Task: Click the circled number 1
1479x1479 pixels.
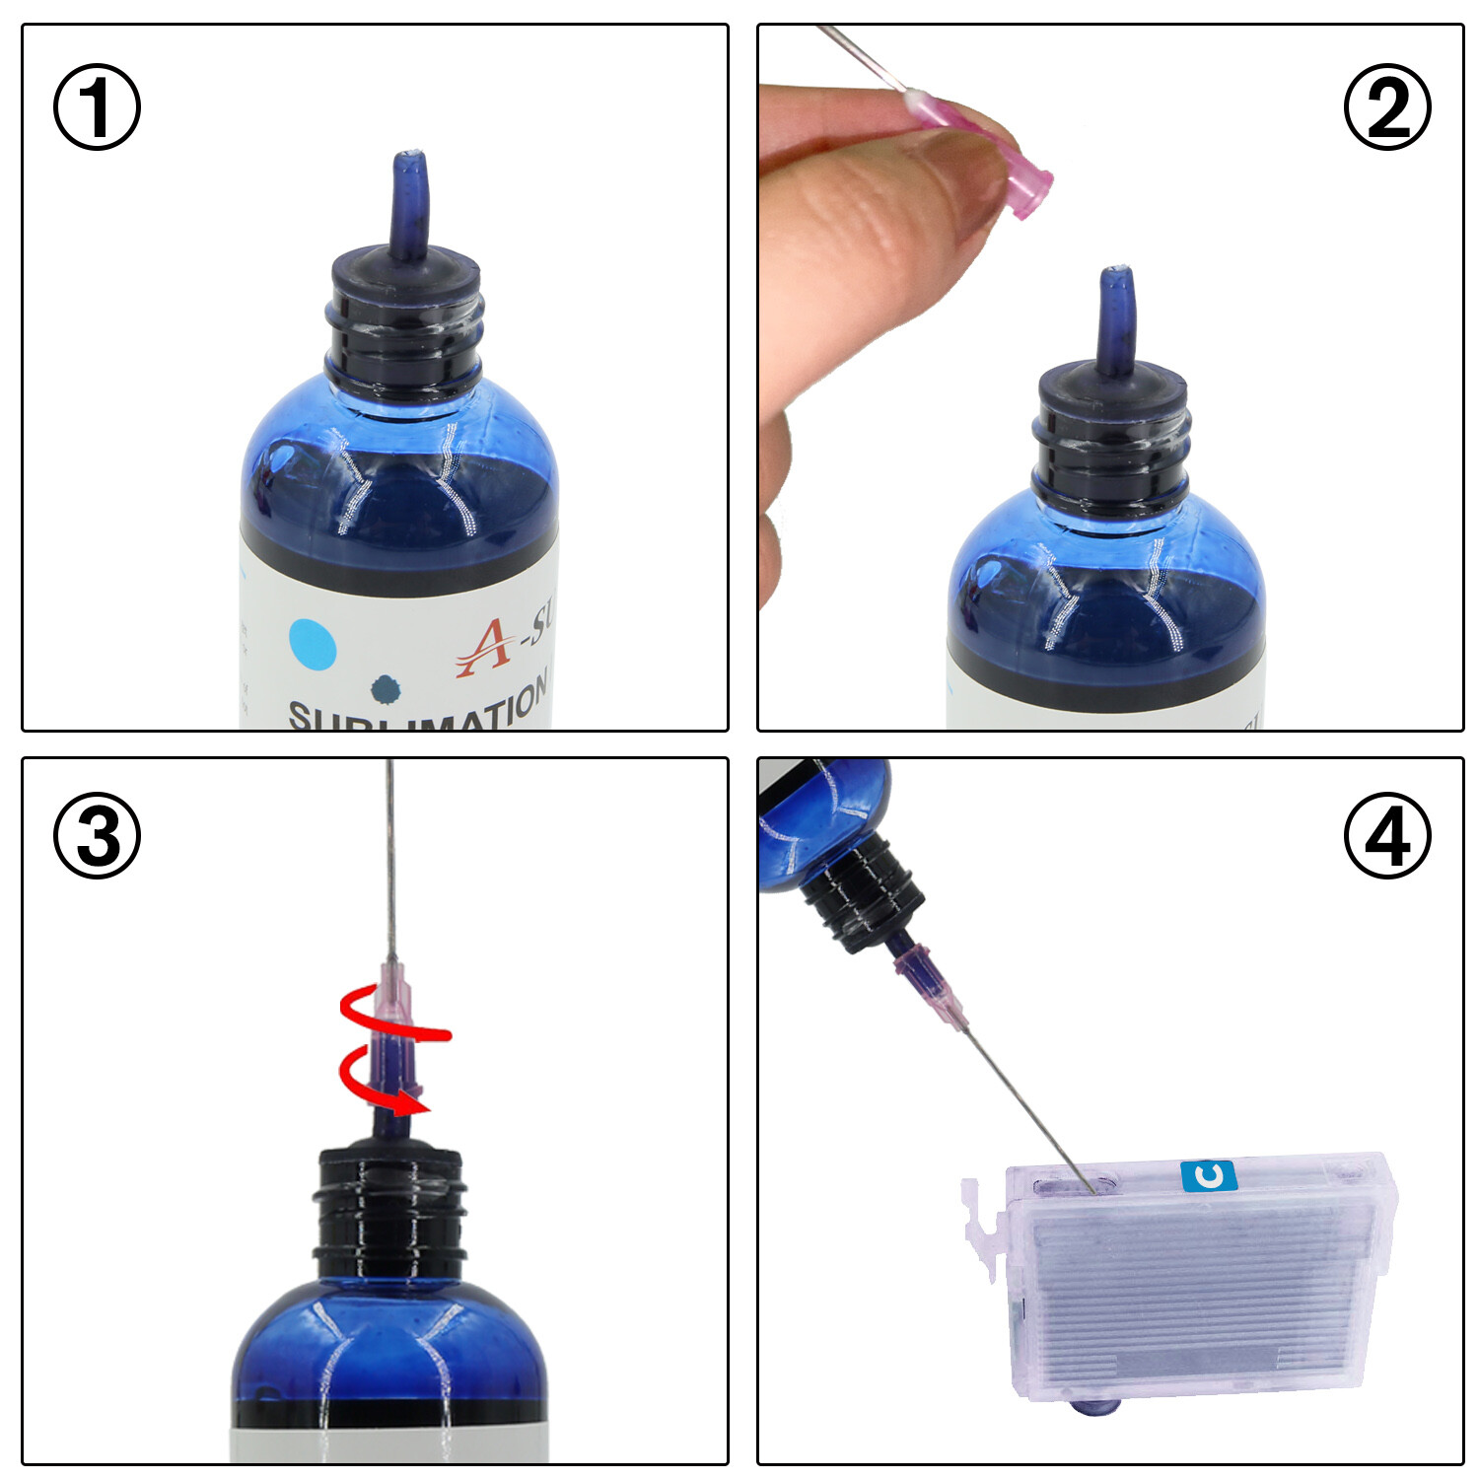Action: (x=97, y=107)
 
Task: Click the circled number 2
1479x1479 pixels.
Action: (x=1387, y=107)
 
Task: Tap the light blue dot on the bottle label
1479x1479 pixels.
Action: (x=313, y=645)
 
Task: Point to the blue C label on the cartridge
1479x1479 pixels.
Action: (x=1208, y=1175)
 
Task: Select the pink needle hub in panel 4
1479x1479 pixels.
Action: (x=932, y=986)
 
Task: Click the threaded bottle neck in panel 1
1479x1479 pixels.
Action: (x=404, y=325)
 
